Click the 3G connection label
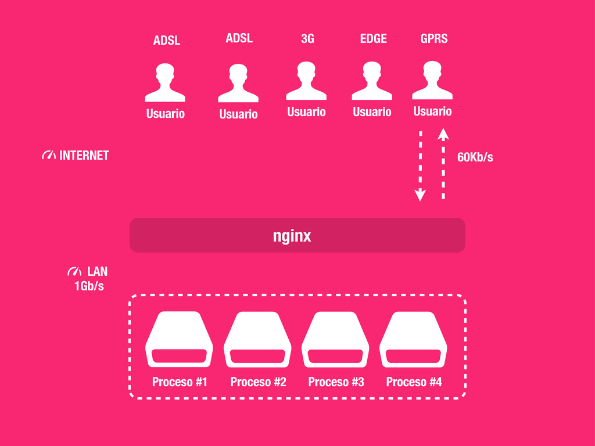point(307,39)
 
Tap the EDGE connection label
point(373,39)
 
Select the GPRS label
point(434,39)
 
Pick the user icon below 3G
point(306,81)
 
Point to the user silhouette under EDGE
point(372,81)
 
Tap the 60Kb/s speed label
point(475,157)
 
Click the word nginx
point(292,236)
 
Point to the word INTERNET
point(84,156)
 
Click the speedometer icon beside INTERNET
point(49,156)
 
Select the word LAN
point(97,272)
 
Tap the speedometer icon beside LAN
point(74,272)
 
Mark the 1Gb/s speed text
point(89,286)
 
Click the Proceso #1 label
point(180,382)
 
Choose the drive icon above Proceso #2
point(257,340)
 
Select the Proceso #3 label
point(336,382)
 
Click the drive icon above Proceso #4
point(413,340)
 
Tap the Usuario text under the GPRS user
point(432,111)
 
